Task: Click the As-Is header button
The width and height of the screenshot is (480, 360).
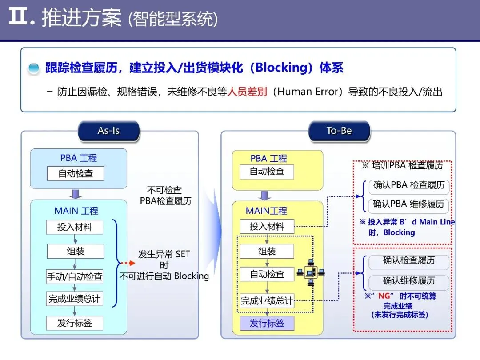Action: click(x=108, y=131)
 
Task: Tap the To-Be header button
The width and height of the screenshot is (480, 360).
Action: click(x=339, y=131)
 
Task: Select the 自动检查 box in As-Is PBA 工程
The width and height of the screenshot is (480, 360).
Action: click(x=76, y=173)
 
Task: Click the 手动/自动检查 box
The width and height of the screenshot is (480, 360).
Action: click(x=75, y=276)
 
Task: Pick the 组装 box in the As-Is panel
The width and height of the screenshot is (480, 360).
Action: click(x=76, y=252)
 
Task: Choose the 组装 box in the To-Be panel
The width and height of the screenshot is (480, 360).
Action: click(x=267, y=252)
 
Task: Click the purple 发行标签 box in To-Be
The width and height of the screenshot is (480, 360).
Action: click(x=267, y=323)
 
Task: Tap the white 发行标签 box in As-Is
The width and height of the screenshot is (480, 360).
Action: click(x=75, y=323)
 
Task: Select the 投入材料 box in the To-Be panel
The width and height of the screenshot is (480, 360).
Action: click(x=267, y=226)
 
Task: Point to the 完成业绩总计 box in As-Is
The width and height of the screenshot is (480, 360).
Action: click(x=75, y=299)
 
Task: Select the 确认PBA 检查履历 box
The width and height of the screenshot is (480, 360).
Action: click(x=409, y=186)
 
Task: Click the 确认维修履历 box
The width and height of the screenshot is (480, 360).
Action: click(x=409, y=281)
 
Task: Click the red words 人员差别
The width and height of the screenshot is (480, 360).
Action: click(x=247, y=92)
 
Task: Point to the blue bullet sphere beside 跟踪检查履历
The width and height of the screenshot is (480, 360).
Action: click(x=34, y=68)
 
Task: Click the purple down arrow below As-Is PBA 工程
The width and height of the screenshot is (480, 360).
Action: click(x=76, y=194)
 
